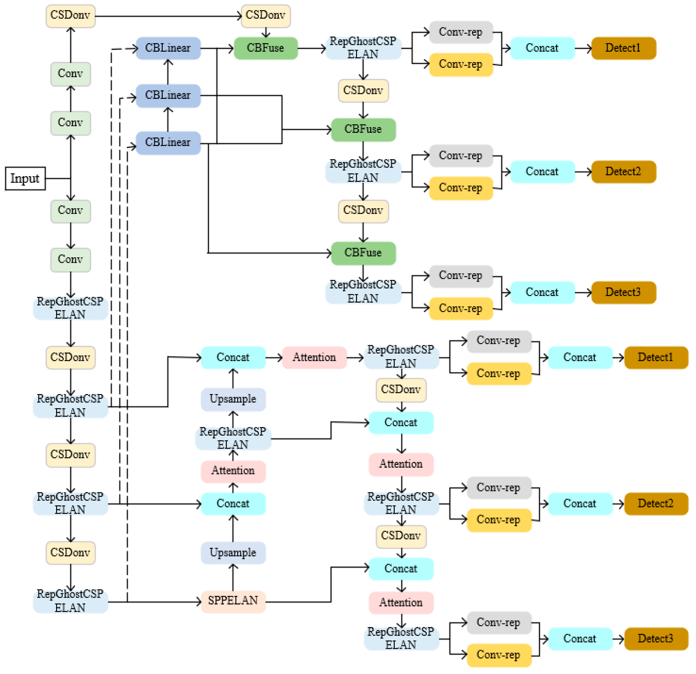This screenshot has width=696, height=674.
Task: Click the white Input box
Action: tap(25, 179)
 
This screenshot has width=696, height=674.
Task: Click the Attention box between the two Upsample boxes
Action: tap(233, 471)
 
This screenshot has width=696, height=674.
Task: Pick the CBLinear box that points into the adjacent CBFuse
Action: tap(168, 48)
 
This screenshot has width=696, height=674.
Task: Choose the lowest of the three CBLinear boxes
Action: tap(168, 143)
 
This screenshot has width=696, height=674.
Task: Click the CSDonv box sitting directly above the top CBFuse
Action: tap(266, 16)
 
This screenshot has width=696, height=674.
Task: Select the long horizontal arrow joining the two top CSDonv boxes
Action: tap(167, 16)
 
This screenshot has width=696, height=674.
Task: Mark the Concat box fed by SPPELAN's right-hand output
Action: tap(401, 569)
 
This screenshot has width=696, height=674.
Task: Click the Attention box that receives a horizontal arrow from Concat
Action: tap(314, 357)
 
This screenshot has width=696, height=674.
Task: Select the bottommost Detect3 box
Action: tap(656, 638)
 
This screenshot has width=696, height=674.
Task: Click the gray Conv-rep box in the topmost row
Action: tap(461, 32)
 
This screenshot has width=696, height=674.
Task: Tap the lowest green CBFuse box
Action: tap(363, 253)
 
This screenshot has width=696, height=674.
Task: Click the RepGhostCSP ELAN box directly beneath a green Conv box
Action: tap(70, 308)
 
